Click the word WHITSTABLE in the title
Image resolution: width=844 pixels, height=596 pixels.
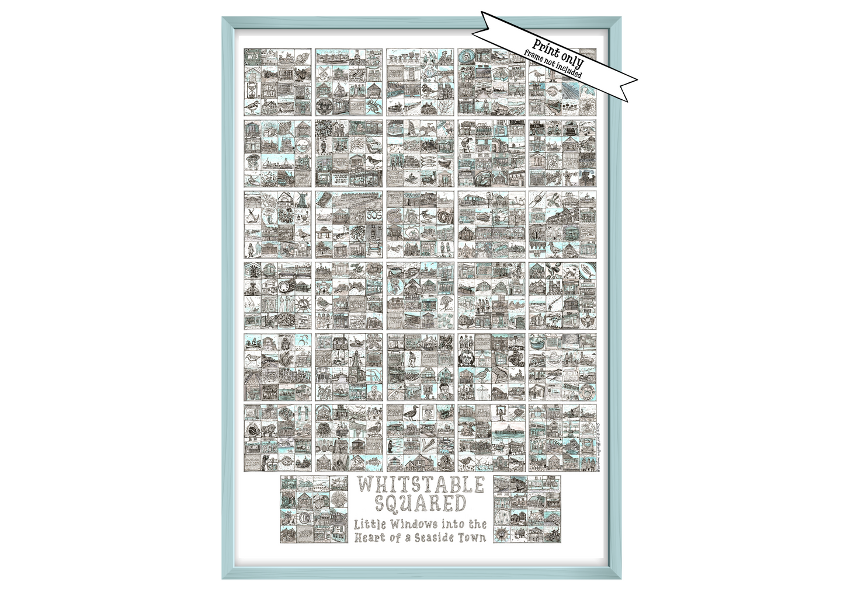pos(421,485)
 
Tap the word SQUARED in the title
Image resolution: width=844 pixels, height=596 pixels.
pos(421,503)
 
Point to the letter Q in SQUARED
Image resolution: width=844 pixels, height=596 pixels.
pos(395,503)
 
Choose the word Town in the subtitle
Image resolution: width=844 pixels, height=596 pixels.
pos(473,538)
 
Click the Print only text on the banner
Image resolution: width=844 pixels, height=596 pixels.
pos(558,51)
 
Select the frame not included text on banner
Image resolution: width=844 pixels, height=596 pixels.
pos(552,65)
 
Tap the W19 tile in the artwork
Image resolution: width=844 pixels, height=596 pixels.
pos(252,57)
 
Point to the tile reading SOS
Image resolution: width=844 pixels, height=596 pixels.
pos(373,215)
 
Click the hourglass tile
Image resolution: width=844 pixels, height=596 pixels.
pos(252,90)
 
